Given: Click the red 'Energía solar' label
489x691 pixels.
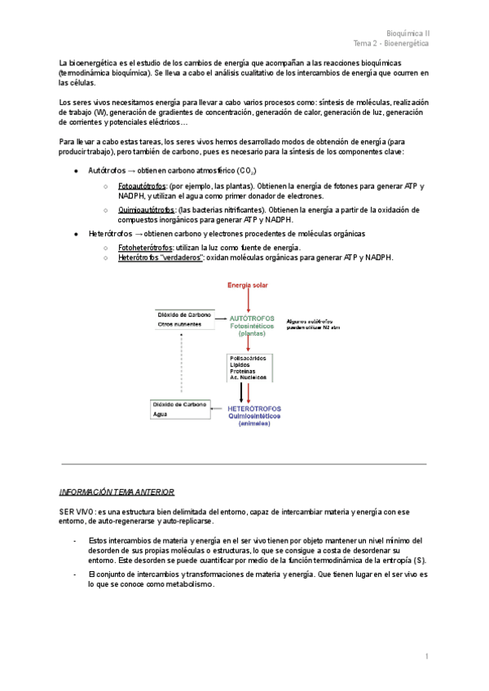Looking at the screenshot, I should click(247, 284).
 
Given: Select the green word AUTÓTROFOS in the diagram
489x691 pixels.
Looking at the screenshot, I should click(252, 318).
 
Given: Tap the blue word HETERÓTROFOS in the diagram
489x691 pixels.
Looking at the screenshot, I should click(254, 407).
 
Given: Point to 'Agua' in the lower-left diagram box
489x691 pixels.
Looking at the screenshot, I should click(161, 414).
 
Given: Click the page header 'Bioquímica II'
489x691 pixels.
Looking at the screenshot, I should click(408, 33).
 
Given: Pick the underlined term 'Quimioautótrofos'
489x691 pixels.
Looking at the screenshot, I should click(147, 209).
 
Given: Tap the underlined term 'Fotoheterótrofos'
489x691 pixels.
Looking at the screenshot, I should click(148, 247).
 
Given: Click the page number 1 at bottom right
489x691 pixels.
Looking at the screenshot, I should click(426, 657).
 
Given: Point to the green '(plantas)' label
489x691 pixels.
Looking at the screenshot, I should click(252, 334).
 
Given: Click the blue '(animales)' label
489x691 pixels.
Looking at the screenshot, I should click(254, 424).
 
